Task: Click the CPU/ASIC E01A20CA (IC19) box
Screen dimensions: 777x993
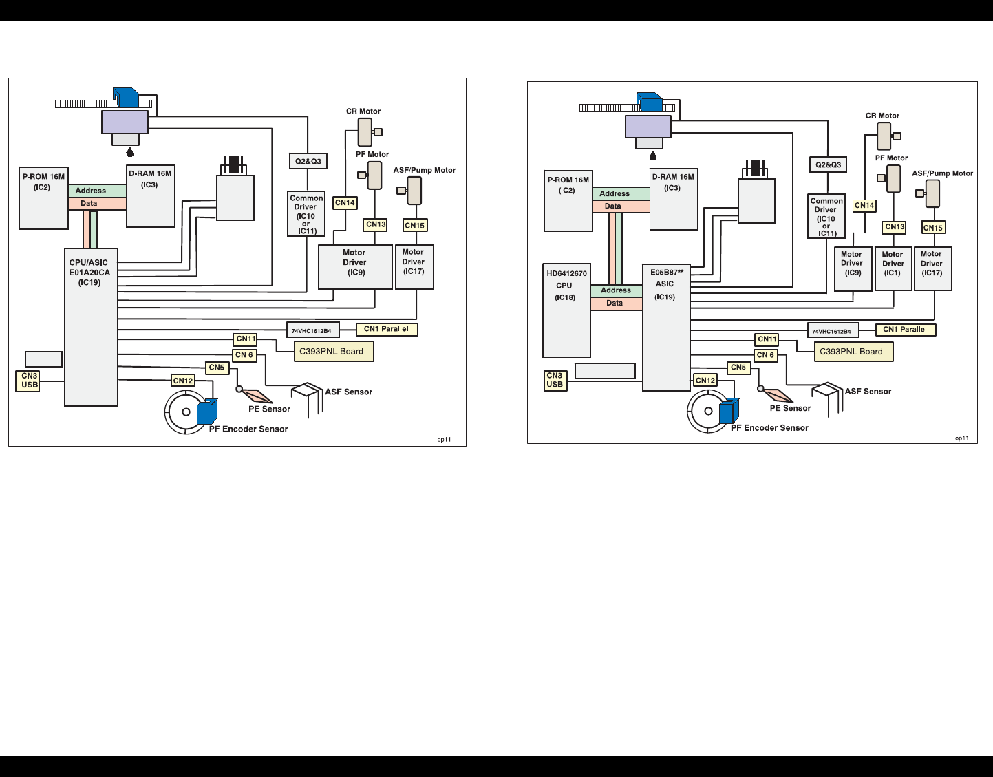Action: pos(91,327)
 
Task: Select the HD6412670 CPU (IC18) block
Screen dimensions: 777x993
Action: pos(566,310)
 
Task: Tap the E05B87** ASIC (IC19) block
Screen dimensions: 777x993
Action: pos(665,327)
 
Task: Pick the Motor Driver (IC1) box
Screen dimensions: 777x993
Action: pos(893,268)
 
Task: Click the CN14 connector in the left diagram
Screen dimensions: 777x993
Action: pos(345,203)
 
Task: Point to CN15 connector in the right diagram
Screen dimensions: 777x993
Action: pos(932,228)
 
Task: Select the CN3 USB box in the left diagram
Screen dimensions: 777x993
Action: pos(30,381)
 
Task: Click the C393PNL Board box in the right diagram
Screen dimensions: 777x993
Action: pos(851,352)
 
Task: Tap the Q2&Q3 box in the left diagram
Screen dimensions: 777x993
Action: pos(308,162)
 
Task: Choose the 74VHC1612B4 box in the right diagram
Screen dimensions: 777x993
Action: pos(833,331)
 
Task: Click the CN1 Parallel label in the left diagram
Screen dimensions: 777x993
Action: pos(386,329)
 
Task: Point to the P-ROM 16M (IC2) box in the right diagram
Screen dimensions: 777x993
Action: pos(568,200)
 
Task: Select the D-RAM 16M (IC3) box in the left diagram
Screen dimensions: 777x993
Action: pos(150,196)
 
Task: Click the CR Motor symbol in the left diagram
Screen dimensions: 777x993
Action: pos(365,132)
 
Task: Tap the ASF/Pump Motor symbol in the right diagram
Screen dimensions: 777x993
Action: pos(932,193)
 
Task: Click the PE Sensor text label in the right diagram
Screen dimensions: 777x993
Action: pos(790,408)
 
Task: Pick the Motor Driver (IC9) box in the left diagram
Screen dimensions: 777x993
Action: pos(355,267)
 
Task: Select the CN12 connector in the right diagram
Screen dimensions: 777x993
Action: pos(705,380)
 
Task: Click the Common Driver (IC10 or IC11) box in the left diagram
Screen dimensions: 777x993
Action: pos(306,214)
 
